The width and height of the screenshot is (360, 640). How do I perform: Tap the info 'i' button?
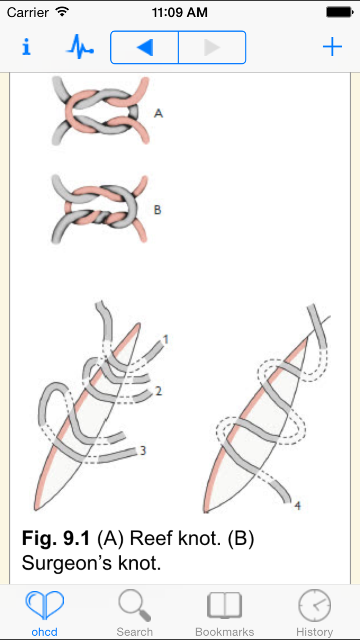tap(26, 47)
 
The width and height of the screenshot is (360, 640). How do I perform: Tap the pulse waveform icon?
tap(80, 47)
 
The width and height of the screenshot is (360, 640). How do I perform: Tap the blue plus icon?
tap(332, 47)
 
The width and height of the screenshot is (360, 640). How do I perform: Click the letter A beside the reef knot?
tap(158, 113)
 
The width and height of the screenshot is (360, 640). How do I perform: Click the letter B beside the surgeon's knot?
tap(157, 210)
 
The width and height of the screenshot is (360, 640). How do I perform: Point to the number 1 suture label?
tap(166, 339)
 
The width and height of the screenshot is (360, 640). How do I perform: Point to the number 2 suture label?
tap(158, 391)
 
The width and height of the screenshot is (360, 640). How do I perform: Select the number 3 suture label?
tap(143, 450)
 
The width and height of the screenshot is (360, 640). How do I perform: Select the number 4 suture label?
tap(297, 506)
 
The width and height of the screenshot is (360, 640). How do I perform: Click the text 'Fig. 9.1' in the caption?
tap(56, 538)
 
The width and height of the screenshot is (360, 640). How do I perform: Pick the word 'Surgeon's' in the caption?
tap(67, 563)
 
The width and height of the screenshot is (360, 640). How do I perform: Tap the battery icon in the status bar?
tap(339, 12)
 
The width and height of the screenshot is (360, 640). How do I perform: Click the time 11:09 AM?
tap(180, 13)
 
